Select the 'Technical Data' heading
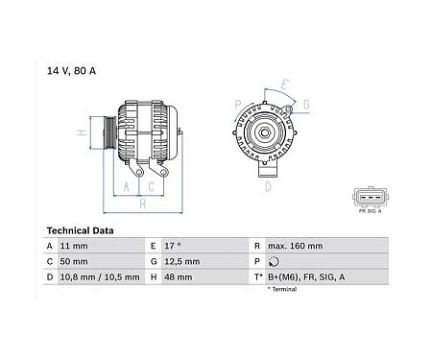(x=81, y=230)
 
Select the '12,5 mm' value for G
(x=181, y=261)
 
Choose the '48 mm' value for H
(x=179, y=276)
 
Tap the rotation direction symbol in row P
(x=275, y=261)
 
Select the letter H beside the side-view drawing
(x=83, y=132)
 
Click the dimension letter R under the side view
(x=142, y=205)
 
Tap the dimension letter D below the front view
(x=268, y=189)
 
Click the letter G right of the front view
(x=304, y=104)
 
